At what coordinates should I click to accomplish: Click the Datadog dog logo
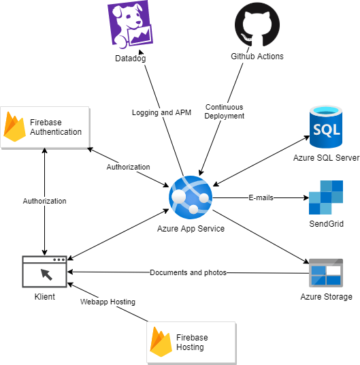pos(130,27)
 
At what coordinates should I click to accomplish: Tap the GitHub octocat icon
pos(257,26)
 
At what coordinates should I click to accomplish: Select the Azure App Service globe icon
pos(191,196)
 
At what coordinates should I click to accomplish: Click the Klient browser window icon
pos(44,272)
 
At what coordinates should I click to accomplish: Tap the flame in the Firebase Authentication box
pos(15,127)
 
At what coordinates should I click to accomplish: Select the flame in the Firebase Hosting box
pos(161,342)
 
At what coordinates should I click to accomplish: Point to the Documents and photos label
pos(188,272)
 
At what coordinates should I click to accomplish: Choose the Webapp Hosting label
pos(108,302)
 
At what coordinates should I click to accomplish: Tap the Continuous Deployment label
pos(225,112)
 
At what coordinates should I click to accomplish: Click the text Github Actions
pos(257,57)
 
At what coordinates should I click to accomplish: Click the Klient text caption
pos(44,298)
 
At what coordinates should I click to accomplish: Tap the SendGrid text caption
pos(326,223)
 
